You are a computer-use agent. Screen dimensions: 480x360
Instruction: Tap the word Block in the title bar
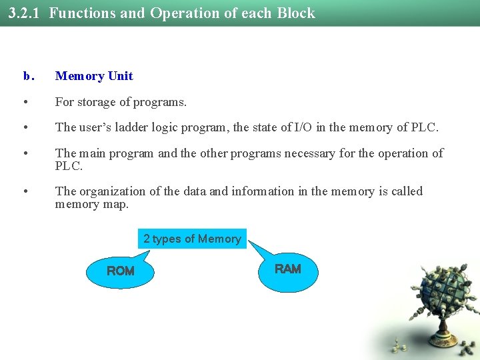tap(295, 13)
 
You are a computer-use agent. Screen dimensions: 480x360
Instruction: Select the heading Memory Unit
tap(94, 76)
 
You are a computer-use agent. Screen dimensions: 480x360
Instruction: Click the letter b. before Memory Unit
tap(27, 76)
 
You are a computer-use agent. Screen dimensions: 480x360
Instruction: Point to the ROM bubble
tap(120, 271)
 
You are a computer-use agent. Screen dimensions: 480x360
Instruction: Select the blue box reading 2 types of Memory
tap(192, 239)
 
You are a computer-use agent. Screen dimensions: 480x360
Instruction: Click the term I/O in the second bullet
tap(303, 127)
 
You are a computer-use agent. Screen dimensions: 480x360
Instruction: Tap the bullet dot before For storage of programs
tap(25, 103)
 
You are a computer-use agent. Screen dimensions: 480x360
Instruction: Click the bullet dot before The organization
tap(25, 192)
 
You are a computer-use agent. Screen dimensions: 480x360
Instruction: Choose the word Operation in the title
tap(181, 13)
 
